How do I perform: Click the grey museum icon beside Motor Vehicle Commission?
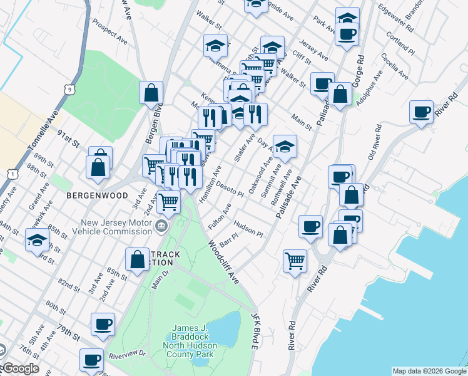[x=162, y=226]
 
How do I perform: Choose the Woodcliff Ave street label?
[x=224, y=259]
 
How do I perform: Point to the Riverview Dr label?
[x=126, y=355]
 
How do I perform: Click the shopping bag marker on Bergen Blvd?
[x=151, y=93]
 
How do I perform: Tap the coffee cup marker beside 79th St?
[x=103, y=324]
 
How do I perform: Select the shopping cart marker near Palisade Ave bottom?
[x=294, y=260]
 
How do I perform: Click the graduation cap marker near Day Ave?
[x=285, y=147]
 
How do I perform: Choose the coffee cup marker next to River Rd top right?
[x=421, y=112]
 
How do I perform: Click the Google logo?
[x=20, y=369]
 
